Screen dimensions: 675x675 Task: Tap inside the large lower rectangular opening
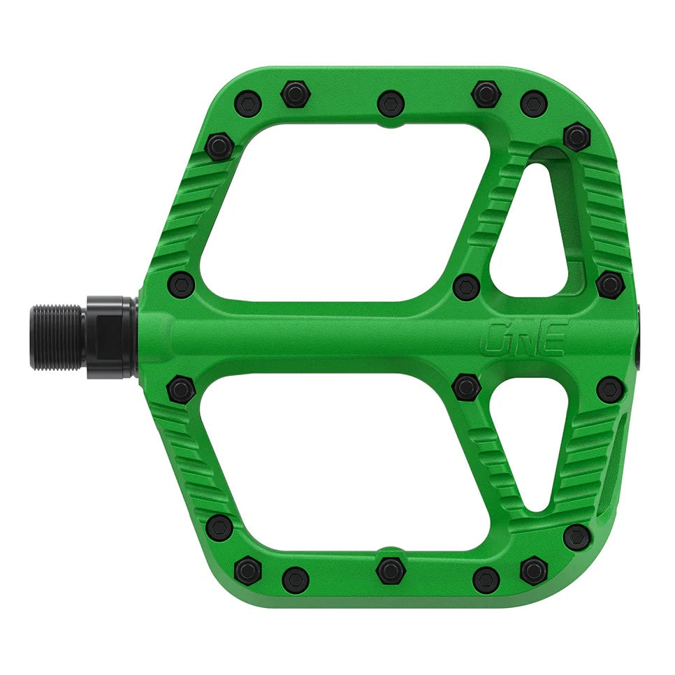pos(335,461)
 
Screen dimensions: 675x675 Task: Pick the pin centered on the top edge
pos(391,103)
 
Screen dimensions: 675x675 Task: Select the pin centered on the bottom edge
pos(391,570)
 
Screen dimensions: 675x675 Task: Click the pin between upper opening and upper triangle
pos(466,286)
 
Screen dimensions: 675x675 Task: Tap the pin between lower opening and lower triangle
pos(466,386)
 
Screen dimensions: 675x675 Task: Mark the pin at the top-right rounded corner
pos(576,136)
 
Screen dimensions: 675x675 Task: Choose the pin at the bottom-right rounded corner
pos(576,537)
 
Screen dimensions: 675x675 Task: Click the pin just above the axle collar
pos(182,285)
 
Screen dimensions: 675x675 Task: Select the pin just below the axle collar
pos(182,389)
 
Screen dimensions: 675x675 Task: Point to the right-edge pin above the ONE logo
pos(610,284)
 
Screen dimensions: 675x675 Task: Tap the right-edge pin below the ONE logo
pos(610,389)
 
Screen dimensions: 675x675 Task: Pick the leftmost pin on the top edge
pos(248,103)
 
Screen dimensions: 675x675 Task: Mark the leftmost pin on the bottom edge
pos(248,570)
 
